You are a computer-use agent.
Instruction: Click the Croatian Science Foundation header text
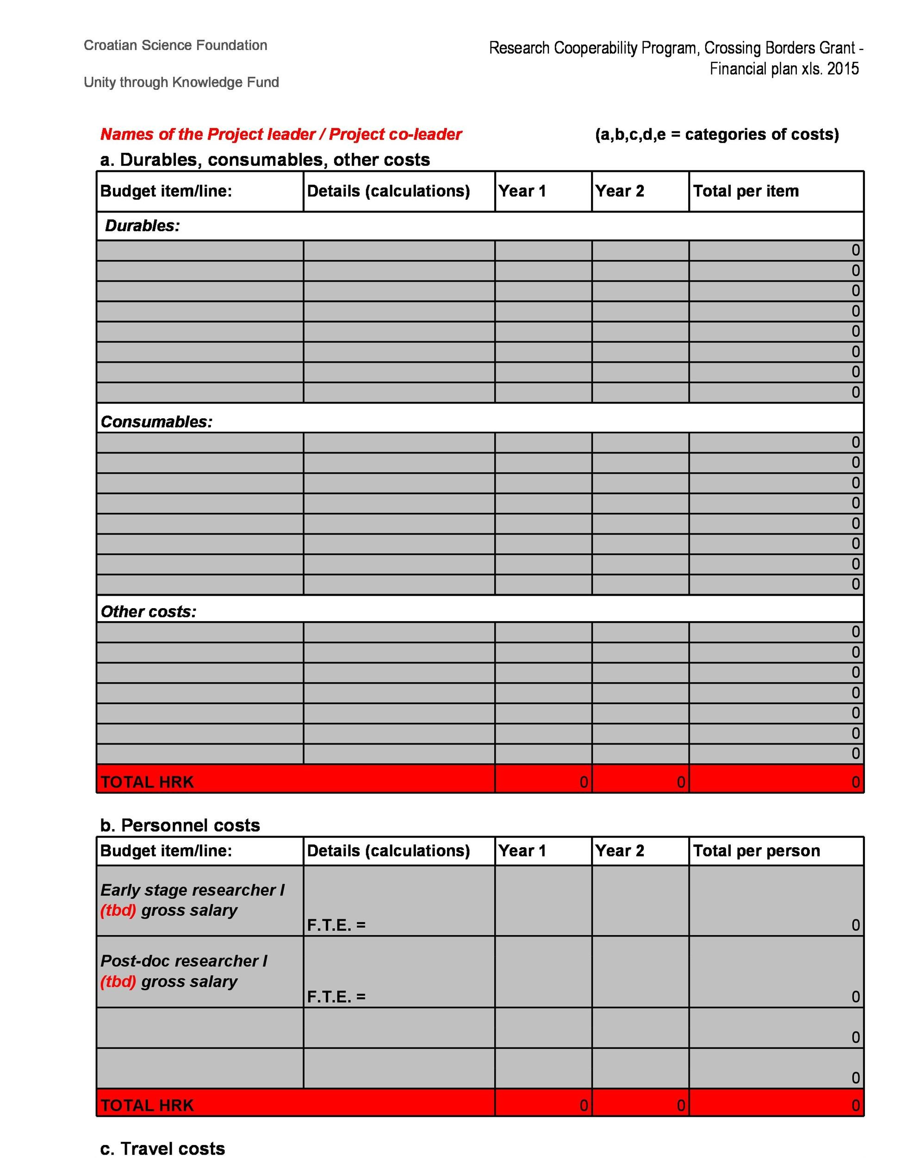pyautogui.click(x=175, y=45)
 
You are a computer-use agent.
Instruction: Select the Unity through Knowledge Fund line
pyautogui.click(x=181, y=82)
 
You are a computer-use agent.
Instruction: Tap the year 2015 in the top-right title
pyautogui.click(x=842, y=69)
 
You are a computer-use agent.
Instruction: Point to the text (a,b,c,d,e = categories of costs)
pyautogui.click(x=716, y=134)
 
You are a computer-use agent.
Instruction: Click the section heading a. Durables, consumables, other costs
pyautogui.click(x=265, y=159)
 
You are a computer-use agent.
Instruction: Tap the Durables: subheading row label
pyautogui.click(x=142, y=226)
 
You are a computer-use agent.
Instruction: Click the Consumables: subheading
pyautogui.click(x=156, y=422)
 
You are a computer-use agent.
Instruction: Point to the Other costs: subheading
pyautogui.click(x=148, y=611)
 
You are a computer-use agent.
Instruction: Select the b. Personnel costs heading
pyautogui.click(x=180, y=825)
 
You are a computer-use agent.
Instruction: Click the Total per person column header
pyautogui.click(x=756, y=851)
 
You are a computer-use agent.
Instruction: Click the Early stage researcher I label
pyautogui.click(x=192, y=890)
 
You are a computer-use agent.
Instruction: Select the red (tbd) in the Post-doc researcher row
pyautogui.click(x=118, y=982)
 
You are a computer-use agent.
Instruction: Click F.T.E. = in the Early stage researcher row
pyautogui.click(x=336, y=925)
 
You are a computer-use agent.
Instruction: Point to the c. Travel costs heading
pyautogui.click(x=162, y=1148)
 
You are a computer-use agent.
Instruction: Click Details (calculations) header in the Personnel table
pyautogui.click(x=388, y=851)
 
